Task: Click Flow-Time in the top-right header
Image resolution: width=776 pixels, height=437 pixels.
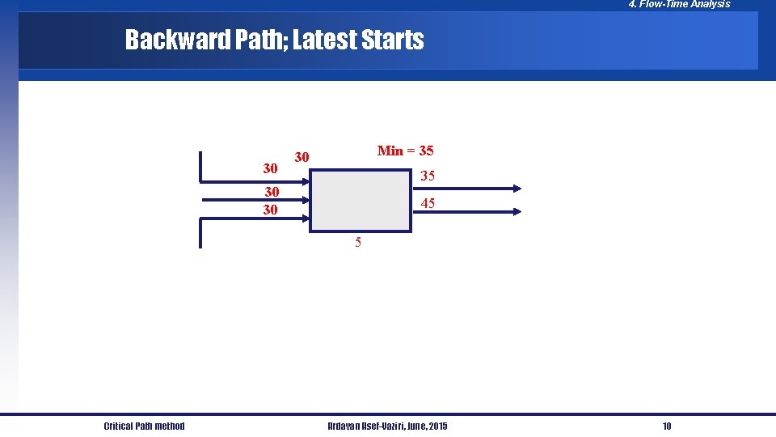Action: click(664, 4)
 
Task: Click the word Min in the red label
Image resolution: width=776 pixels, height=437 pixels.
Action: click(390, 151)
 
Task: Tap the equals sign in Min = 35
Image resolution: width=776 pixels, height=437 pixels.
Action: click(411, 151)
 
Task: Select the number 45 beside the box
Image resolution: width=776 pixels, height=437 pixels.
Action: click(428, 204)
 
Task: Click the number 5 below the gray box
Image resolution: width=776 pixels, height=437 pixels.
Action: click(359, 242)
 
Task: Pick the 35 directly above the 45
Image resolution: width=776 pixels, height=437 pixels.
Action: click(428, 176)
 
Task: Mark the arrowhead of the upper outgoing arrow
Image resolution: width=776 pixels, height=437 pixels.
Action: click(516, 189)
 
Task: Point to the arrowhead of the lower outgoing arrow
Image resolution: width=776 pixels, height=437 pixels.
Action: click(516, 211)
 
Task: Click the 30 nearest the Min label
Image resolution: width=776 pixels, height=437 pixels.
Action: click(302, 156)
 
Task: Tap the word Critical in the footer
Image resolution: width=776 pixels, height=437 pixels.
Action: click(121, 426)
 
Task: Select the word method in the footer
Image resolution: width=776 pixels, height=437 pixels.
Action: click(168, 426)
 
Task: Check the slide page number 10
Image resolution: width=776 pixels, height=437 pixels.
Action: click(667, 426)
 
